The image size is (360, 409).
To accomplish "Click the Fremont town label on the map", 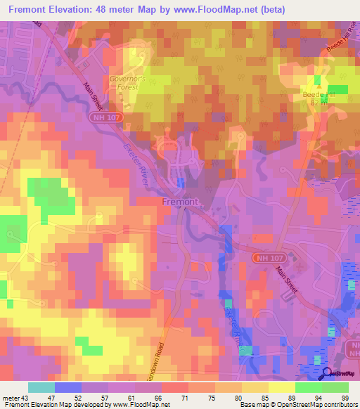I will coord(180,202).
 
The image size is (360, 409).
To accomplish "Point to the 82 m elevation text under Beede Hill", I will coord(319,103).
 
